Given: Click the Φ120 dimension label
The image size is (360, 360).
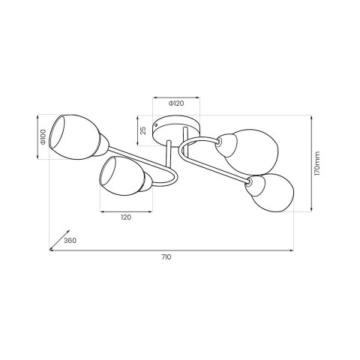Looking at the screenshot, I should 176,104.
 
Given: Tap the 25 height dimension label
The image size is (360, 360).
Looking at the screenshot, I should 143,130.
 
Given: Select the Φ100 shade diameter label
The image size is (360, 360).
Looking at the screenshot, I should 43,137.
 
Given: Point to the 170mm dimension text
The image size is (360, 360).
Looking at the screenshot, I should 317,163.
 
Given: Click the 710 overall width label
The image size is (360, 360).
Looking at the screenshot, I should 166,257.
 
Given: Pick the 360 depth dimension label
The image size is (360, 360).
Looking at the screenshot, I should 70,241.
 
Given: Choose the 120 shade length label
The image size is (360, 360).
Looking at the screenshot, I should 125,217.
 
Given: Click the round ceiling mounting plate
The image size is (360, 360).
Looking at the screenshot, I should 176,130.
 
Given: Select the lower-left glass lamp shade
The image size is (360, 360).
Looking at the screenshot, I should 120,178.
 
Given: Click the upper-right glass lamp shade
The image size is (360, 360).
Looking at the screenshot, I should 253,151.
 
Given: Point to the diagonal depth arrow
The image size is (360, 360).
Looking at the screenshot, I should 56,238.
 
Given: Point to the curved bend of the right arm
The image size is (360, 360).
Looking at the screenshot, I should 185,148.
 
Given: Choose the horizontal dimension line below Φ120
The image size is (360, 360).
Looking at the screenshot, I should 176,97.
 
